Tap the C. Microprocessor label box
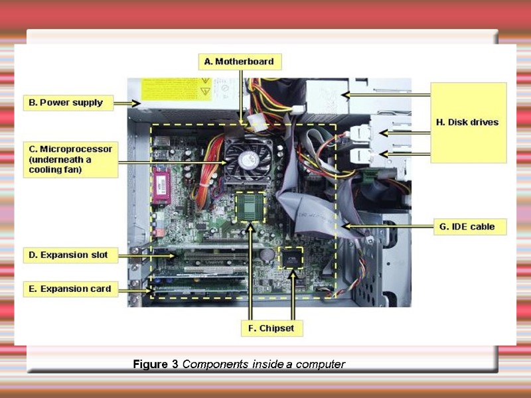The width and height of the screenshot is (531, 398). point(70,159)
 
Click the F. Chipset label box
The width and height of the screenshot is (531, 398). point(271,328)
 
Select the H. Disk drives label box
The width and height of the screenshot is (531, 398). point(468,123)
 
